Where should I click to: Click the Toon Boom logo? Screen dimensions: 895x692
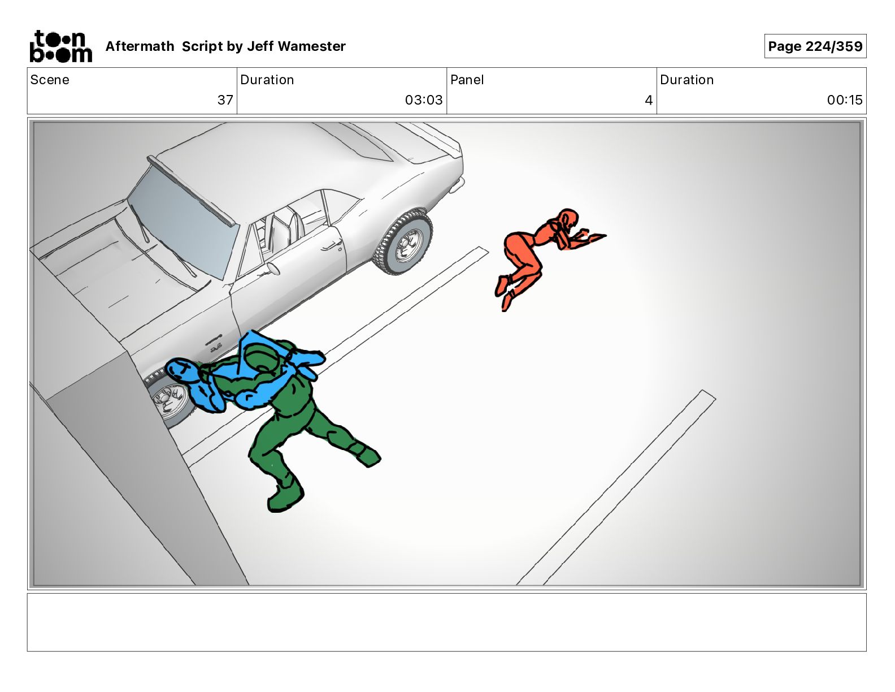point(61,46)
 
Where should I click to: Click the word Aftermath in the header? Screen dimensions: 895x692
point(140,46)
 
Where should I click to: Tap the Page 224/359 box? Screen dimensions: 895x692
point(815,46)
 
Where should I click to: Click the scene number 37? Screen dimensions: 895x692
point(225,100)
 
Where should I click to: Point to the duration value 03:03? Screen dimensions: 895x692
point(424,100)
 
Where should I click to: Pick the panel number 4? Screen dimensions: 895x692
point(649,100)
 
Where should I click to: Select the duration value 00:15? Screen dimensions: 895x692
point(845,100)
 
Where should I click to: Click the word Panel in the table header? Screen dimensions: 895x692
point(467,80)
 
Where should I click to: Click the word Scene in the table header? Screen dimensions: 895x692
point(50,80)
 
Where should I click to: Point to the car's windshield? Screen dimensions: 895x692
point(183,220)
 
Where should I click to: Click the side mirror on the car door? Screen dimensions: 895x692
point(273,269)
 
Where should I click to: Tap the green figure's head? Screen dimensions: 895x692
point(260,355)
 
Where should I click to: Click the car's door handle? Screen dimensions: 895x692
point(329,246)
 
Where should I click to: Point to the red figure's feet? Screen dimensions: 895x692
point(504,292)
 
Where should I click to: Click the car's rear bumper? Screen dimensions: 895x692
point(457,185)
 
